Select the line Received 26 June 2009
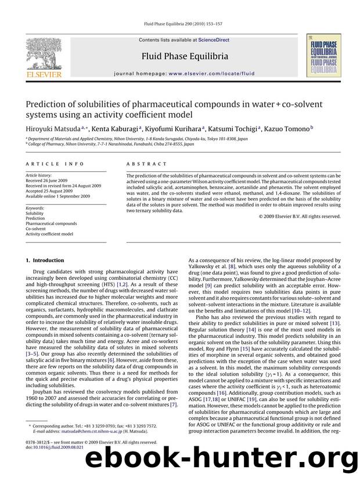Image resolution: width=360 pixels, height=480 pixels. pyautogui.click(x=49, y=185)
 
